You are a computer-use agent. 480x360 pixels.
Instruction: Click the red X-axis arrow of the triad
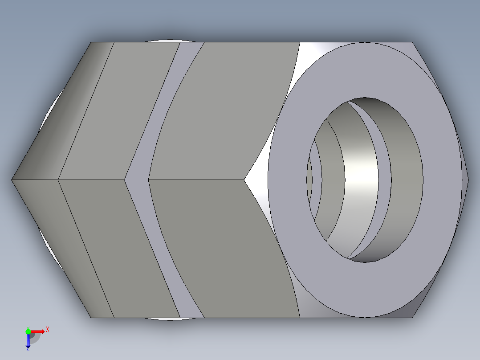[39, 331]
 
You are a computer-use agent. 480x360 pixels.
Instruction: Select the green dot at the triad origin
[28, 331]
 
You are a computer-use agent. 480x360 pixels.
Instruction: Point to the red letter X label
[48, 330]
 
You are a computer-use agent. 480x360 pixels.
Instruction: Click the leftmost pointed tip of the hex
[12, 180]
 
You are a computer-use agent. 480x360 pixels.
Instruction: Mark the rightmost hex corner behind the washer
[468, 180]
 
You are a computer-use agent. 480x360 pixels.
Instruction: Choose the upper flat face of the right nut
[223, 111]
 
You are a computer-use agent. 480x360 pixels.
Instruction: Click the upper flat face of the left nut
[120, 111]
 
